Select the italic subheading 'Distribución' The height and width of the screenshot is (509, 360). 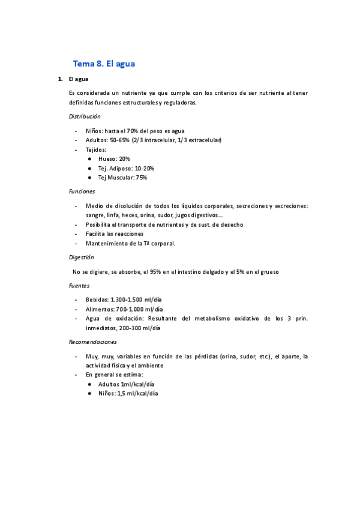point(85,116)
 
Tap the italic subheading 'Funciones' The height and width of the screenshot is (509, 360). point(82,191)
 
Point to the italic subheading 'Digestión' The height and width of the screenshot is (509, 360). point(82,257)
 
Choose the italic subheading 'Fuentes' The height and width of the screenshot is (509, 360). point(79,286)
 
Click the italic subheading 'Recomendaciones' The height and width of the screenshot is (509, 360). point(92,342)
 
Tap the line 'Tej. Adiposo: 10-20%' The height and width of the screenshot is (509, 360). point(126,168)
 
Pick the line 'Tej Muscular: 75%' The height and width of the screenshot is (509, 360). point(122,178)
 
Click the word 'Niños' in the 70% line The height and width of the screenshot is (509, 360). point(94,131)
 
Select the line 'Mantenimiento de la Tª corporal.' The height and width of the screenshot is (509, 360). point(130,244)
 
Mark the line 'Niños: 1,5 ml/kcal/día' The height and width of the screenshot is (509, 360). point(128,394)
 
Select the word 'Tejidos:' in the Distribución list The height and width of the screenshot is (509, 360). point(96,149)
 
